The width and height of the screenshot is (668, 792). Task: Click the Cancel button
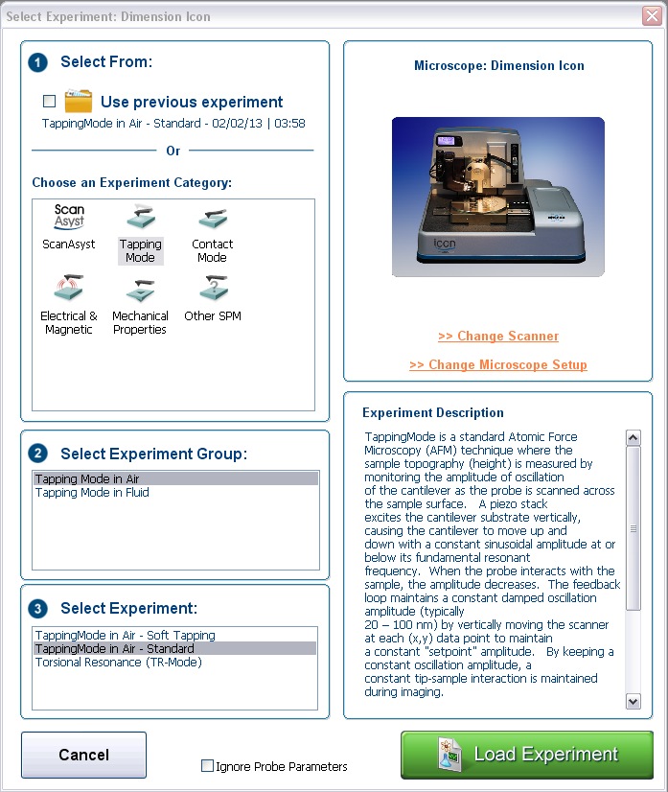pyautogui.click(x=83, y=755)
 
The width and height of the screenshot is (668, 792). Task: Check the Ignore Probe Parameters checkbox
pyautogui.click(x=207, y=766)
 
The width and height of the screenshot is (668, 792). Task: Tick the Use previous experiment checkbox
pyautogui.click(x=49, y=101)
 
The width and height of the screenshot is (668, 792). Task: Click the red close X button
pyautogui.click(x=651, y=16)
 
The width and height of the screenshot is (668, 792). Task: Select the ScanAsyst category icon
pyautogui.click(x=69, y=218)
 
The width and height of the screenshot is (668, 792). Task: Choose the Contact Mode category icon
pyautogui.click(x=212, y=218)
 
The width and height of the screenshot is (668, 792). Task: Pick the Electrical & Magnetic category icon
pyautogui.click(x=69, y=289)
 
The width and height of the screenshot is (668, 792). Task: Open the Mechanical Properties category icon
pyautogui.click(x=140, y=289)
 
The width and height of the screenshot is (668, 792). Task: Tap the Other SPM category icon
pyautogui.click(x=212, y=289)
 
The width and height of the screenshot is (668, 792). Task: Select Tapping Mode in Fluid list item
pyautogui.click(x=92, y=493)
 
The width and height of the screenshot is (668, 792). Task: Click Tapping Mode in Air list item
pyautogui.click(x=86, y=479)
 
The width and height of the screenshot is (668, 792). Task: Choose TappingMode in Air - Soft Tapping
pyautogui.click(x=125, y=635)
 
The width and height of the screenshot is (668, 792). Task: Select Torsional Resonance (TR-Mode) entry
pyautogui.click(x=118, y=662)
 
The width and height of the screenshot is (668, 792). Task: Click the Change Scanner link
pyautogui.click(x=498, y=337)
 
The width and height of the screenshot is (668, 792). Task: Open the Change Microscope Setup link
pyautogui.click(x=498, y=365)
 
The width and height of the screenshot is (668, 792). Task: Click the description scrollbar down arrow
pyautogui.click(x=633, y=701)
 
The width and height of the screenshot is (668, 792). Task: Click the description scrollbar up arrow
pyautogui.click(x=633, y=437)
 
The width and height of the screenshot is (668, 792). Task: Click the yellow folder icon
pyautogui.click(x=78, y=101)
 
